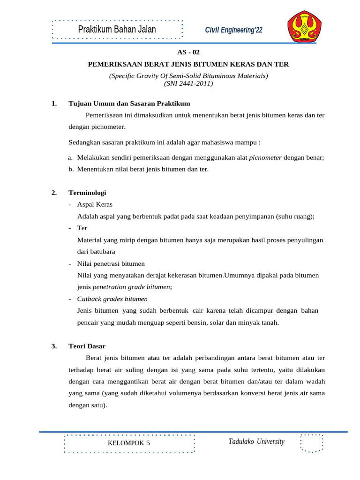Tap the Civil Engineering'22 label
coord(234,30)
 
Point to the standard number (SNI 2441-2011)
coord(188,84)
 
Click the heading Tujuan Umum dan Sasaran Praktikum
coord(129,103)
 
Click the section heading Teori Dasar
coord(87,346)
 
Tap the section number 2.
coord(54,193)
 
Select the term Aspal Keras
coord(95,204)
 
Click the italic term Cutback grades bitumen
coord(112,299)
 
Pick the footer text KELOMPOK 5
coord(129,443)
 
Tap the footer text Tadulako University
coord(256,442)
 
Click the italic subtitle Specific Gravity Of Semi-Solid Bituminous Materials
coord(188,75)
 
